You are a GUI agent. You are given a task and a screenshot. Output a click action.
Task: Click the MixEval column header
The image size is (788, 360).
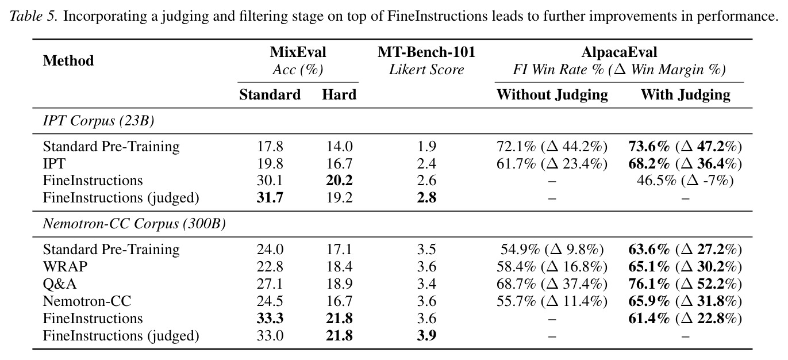298,52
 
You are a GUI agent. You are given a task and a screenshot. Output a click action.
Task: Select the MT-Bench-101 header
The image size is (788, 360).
426,52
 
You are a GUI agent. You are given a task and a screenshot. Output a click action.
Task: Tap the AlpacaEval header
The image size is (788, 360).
619,52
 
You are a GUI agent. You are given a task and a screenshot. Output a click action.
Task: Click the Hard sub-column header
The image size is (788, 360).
339,95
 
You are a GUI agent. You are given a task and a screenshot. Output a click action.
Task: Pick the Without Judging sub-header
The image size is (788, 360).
552,95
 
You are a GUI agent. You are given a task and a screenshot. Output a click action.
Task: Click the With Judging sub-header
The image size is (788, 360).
685,95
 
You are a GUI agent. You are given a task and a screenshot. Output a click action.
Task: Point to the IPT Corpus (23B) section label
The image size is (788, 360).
98,121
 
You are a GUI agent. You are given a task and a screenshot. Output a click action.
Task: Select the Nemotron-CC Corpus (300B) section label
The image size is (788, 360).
134,224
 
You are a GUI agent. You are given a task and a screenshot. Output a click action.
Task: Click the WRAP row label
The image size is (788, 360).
65,266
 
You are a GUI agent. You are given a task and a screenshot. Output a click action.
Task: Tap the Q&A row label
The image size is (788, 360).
60,284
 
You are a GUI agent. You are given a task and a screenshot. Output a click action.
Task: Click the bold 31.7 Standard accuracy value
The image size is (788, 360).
270,198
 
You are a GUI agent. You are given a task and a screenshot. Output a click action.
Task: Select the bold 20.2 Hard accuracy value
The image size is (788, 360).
339,181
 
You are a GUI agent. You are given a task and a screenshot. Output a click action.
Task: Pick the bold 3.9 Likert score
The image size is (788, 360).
426,336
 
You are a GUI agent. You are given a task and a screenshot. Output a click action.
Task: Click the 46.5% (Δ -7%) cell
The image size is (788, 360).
685,181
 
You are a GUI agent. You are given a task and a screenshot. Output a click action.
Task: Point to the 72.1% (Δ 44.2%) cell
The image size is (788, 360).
552,147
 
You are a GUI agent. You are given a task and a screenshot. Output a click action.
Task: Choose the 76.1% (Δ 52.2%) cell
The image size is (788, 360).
685,284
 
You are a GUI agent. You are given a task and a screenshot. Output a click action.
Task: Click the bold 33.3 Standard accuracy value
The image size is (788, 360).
270,319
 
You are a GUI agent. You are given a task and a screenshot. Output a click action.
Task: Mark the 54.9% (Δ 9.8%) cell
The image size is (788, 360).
552,250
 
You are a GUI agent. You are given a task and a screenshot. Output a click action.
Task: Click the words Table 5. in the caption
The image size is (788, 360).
33,16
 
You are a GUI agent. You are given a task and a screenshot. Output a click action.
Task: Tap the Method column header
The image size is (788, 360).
68,60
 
